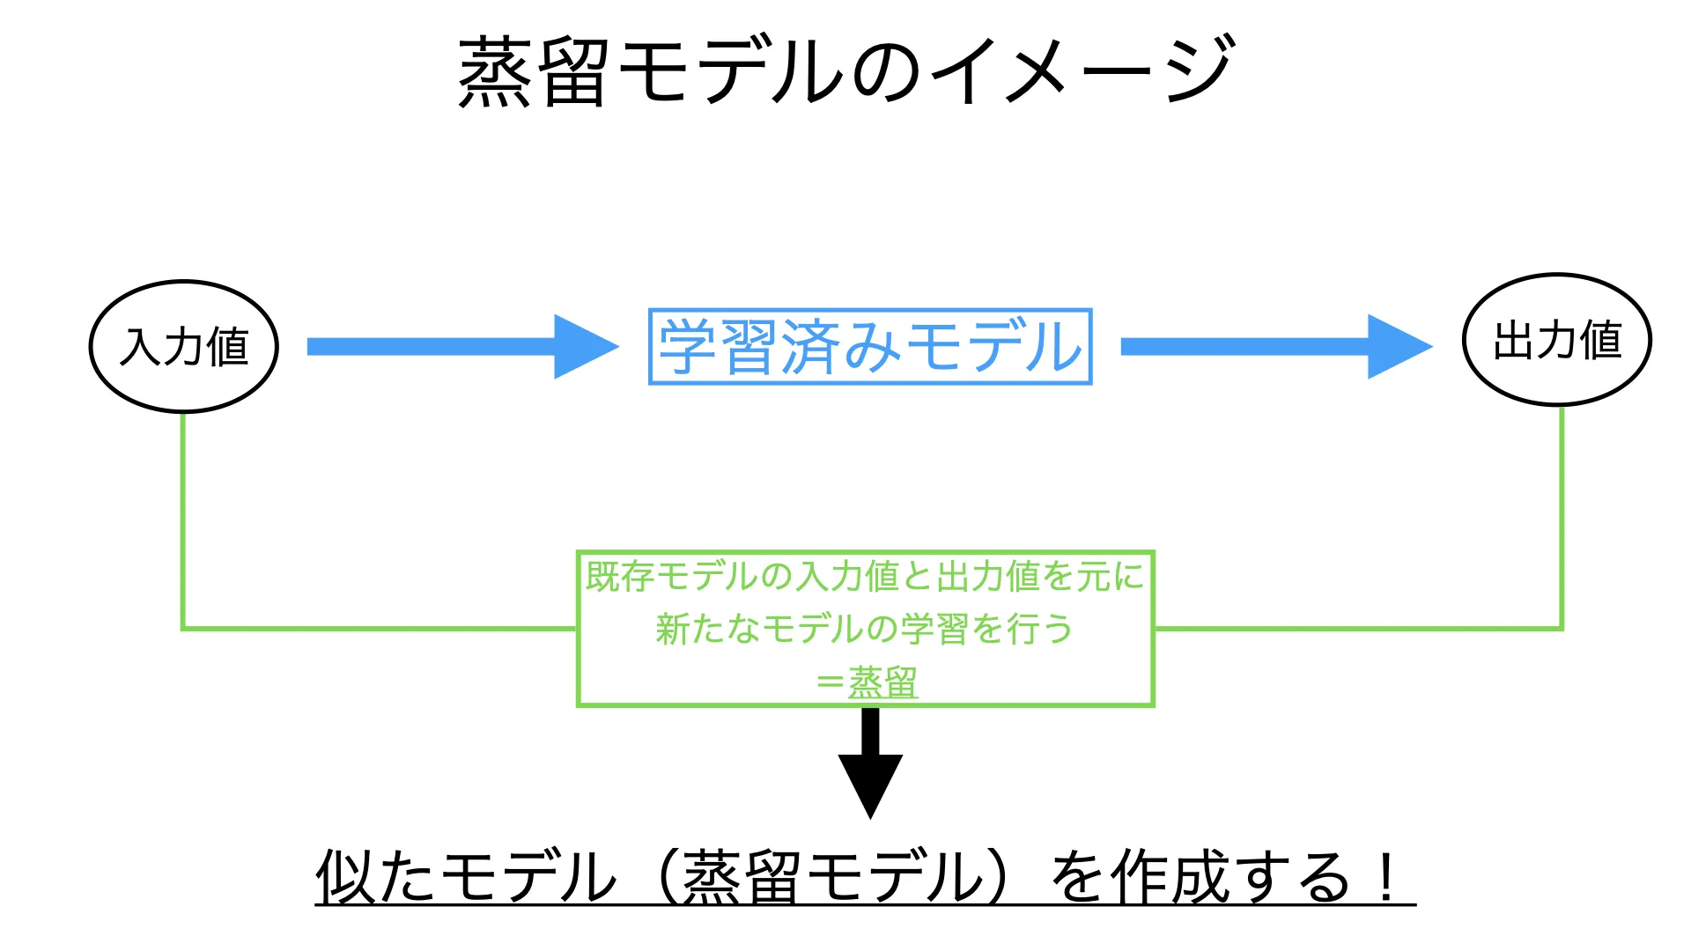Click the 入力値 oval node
pyautogui.click(x=184, y=347)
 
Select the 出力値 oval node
pyautogui.click(x=1556, y=340)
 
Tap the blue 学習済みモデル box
pyautogui.click(x=870, y=347)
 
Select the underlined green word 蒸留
pyautogui.click(x=882, y=682)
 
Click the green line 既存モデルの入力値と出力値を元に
pyautogui.click(x=865, y=577)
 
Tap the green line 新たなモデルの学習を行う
pyautogui.click(x=865, y=630)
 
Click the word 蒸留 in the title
pyautogui.click(x=534, y=72)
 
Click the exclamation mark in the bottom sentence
pyautogui.click(x=1387, y=877)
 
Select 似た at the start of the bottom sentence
pyautogui.click(x=374, y=877)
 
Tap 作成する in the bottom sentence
pyautogui.click(x=1229, y=877)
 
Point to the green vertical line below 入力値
pyautogui.click(x=183, y=520)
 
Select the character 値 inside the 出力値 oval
pyautogui.click(x=1600, y=340)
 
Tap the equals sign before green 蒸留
pyautogui.click(x=830, y=683)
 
